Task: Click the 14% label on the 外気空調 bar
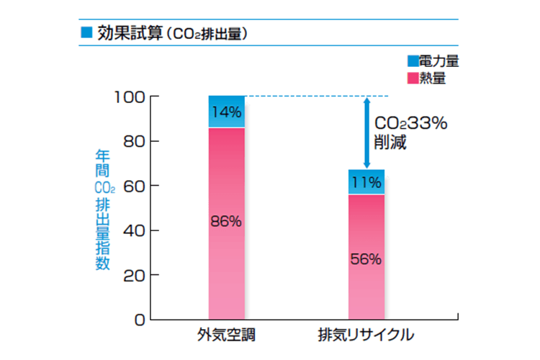point(227,112)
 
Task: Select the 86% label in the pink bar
point(227,221)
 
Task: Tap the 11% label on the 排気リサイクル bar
point(366,182)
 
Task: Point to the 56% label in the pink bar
point(366,259)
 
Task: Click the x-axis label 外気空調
point(226,336)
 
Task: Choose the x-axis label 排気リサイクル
point(366,336)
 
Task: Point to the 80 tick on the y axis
point(134,141)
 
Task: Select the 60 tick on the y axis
point(134,186)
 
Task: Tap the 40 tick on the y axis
point(134,230)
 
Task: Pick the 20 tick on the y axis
point(134,275)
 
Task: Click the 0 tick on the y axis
point(140,319)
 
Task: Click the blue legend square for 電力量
point(413,62)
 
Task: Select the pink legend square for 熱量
point(413,78)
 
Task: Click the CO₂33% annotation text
point(410,124)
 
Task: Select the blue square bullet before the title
point(86,32)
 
